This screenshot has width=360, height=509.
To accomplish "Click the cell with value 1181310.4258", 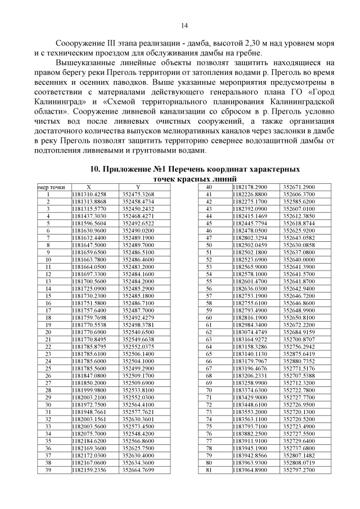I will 89,194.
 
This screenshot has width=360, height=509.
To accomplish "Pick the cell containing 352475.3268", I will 138,194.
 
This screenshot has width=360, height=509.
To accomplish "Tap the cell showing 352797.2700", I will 299,469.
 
